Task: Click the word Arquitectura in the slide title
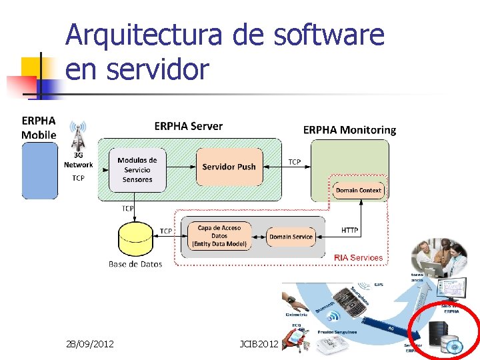[x=143, y=35]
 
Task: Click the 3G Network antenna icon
[x=78, y=137]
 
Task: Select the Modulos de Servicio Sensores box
[x=137, y=169]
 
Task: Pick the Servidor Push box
[x=229, y=167]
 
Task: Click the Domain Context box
[x=359, y=191]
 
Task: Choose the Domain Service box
[x=291, y=237]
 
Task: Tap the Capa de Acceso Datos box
[x=219, y=236]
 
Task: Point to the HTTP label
[x=349, y=231]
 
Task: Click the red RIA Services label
[x=358, y=257]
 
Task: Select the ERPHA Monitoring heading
[x=349, y=130]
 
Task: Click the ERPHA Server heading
[x=189, y=126]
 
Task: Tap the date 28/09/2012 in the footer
[x=90, y=344]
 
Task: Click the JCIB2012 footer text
[x=259, y=344]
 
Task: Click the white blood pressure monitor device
[x=331, y=345]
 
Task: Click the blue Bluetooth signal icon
[x=332, y=316]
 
